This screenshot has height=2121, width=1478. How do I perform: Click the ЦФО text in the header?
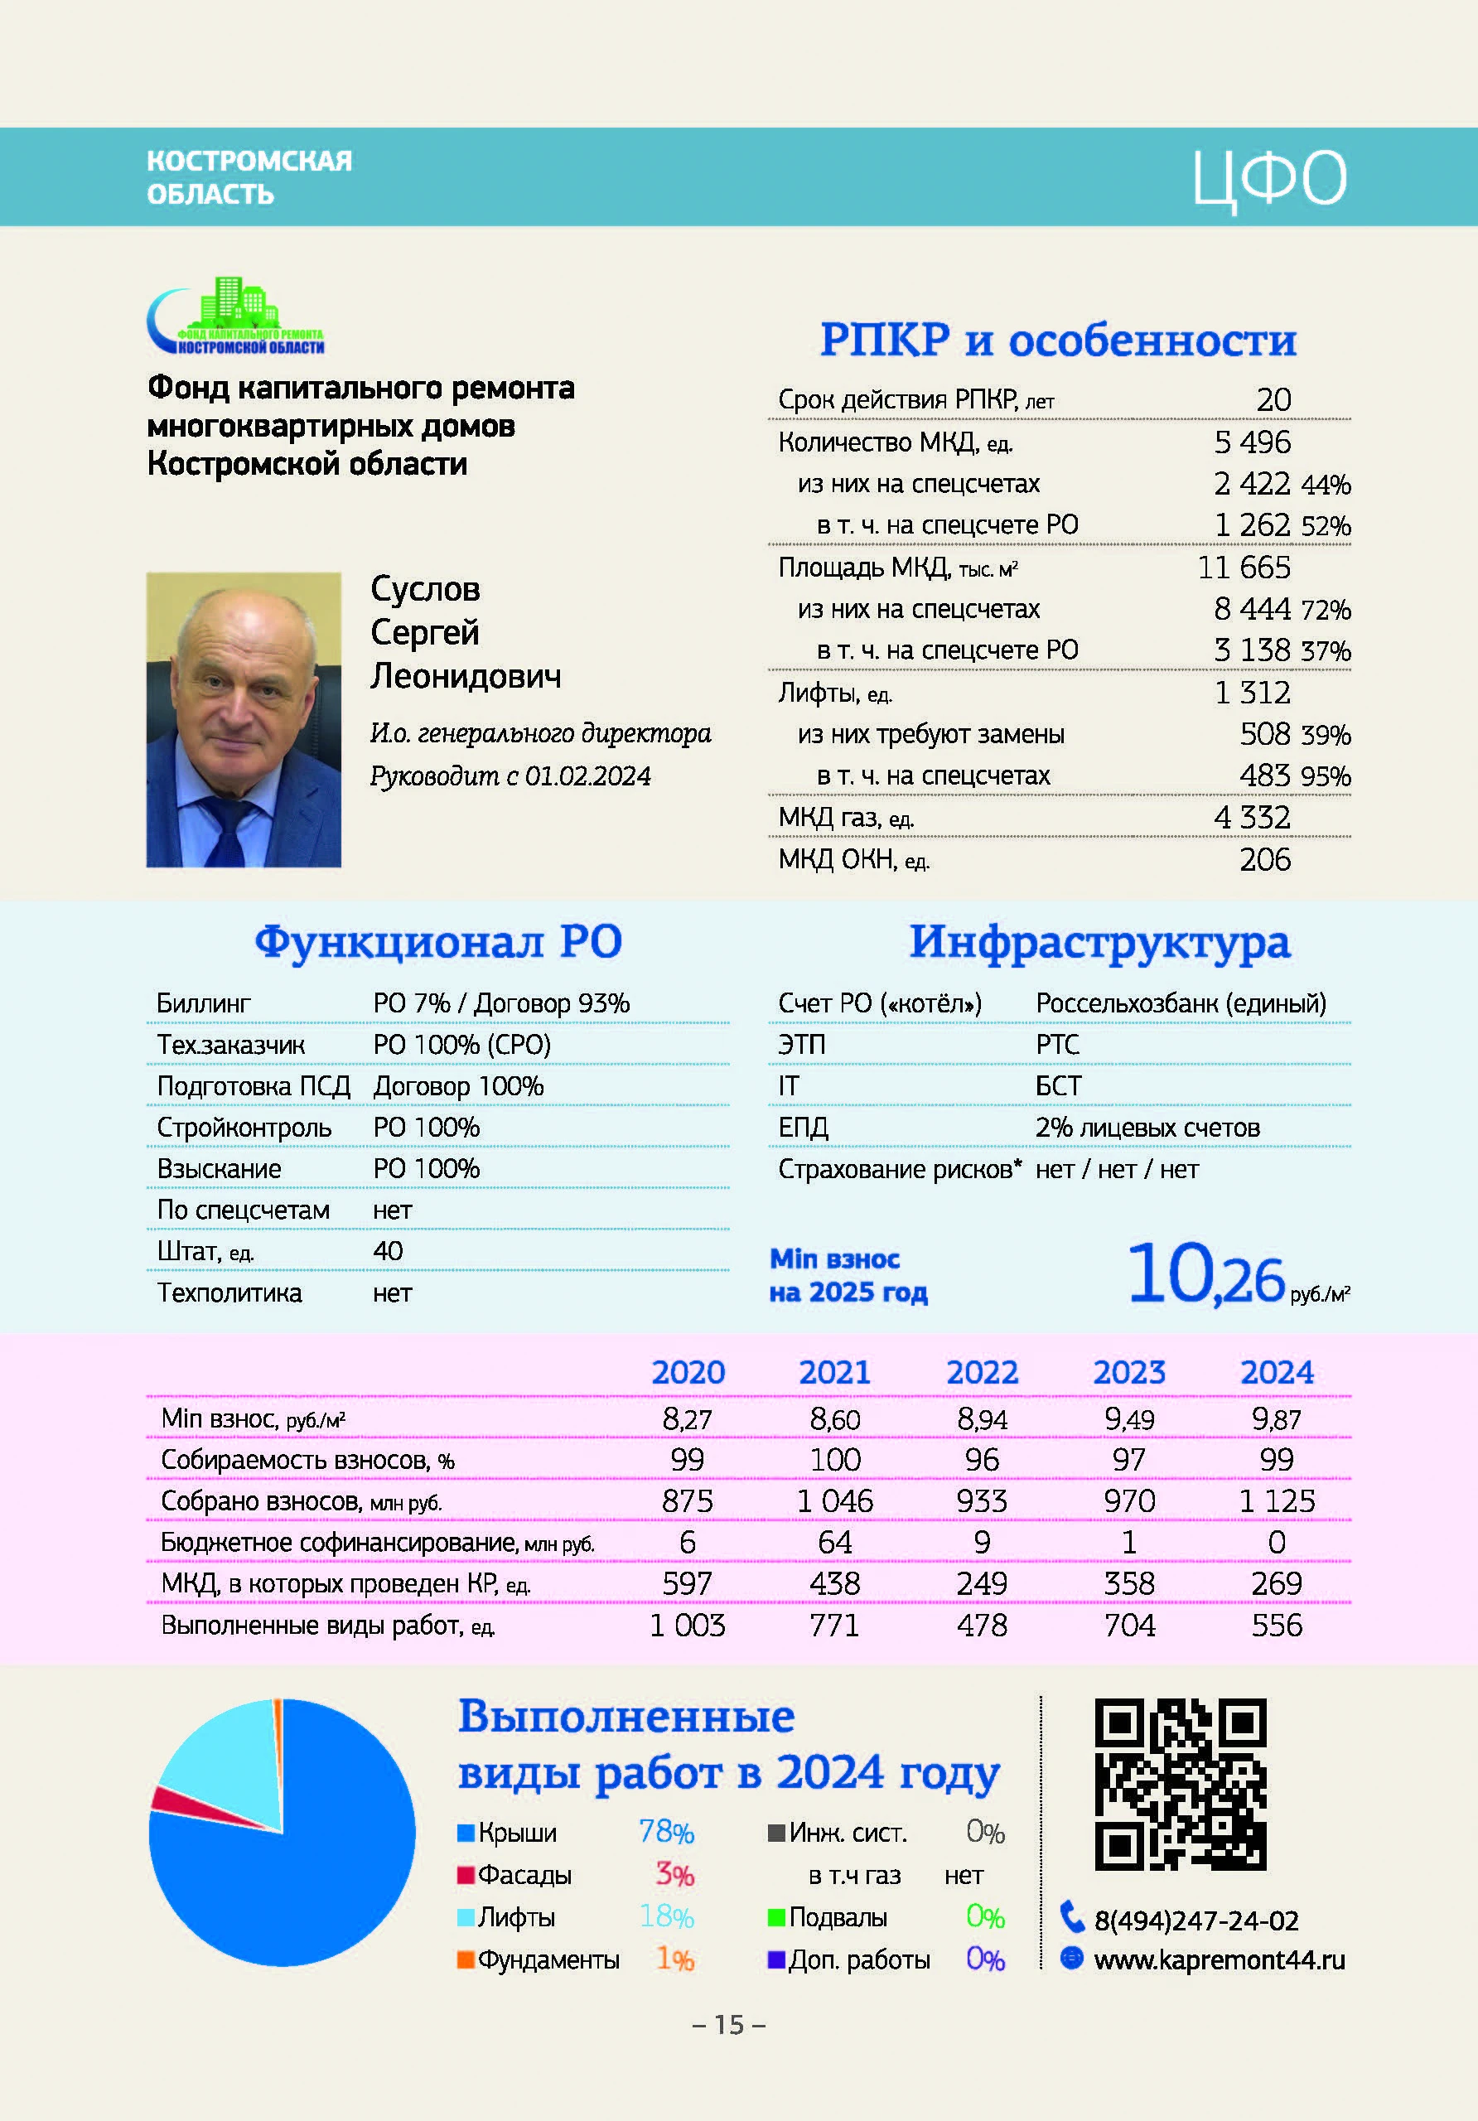pyautogui.click(x=1269, y=179)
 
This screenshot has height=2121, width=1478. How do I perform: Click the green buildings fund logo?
pyautogui.click(x=236, y=315)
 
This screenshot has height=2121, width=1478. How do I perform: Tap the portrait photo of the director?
pyautogui.click(x=244, y=720)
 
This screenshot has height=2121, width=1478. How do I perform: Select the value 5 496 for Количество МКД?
pyautogui.click(x=1252, y=442)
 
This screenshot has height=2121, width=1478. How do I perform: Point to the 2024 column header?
pyautogui.click(x=1276, y=1372)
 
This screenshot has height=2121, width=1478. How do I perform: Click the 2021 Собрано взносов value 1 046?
pyautogui.click(x=834, y=1501)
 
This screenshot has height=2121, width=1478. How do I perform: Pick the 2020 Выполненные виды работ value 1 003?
pyautogui.click(x=688, y=1625)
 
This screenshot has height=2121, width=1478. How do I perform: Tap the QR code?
pyautogui.click(x=1180, y=1784)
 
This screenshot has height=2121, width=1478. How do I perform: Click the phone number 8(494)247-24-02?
pyautogui.click(x=1196, y=1920)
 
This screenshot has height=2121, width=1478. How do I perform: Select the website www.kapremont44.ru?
pyautogui.click(x=1219, y=1959)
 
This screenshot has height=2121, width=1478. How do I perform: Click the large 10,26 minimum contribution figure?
pyautogui.click(x=1205, y=1276)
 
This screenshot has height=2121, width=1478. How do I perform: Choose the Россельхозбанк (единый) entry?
pyautogui.click(x=1181, y=1003)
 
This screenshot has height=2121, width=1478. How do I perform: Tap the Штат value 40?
pyautogui.click(x=388, y=1251)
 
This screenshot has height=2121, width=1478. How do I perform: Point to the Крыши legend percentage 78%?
pyautogui.click(x=666, y=1832)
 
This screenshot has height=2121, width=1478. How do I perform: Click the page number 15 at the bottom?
pyautogui.click(x=729, y=2025)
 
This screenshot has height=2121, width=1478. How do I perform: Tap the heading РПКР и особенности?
pyautogui.click(x=1059, y=339)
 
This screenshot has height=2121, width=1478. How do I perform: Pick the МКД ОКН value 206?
pyautogui.click(x=1264, y=859)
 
